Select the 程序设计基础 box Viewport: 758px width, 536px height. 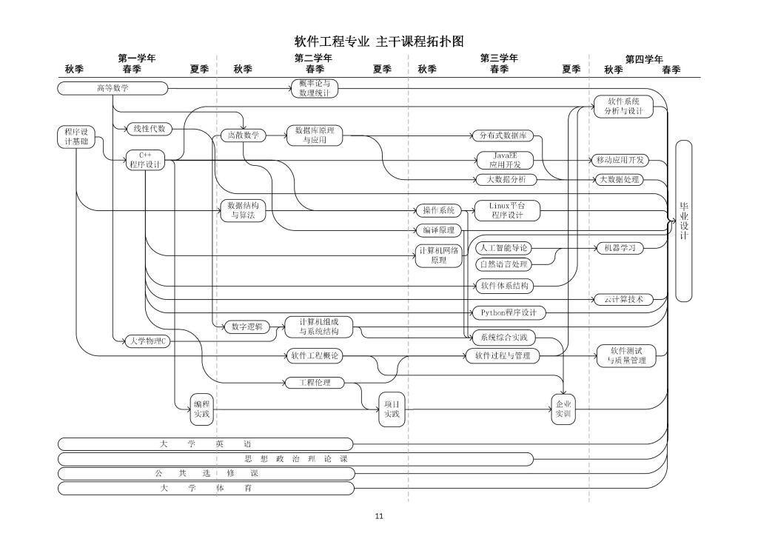coord(76,137)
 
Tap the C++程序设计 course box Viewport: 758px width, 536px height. coord(145,160)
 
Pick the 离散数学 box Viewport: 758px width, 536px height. coord(243,135)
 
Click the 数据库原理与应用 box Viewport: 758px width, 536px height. coord(315,135)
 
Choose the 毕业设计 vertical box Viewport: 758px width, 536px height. coord(683,221)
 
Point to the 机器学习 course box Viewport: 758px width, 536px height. coord(620,248)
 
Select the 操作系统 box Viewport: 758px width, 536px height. coord(437,210)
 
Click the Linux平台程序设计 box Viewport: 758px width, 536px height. coord(506,210)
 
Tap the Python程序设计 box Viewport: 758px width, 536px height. coord(509,312)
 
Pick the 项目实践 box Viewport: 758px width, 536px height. coord(391,409)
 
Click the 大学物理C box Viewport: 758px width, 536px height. coord(147,341)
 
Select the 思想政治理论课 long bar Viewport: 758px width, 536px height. coord(295,459)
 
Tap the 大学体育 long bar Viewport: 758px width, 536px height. coord(206,489)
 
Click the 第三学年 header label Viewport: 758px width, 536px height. coord(499,58)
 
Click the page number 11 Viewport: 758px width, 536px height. coord(379,517)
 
